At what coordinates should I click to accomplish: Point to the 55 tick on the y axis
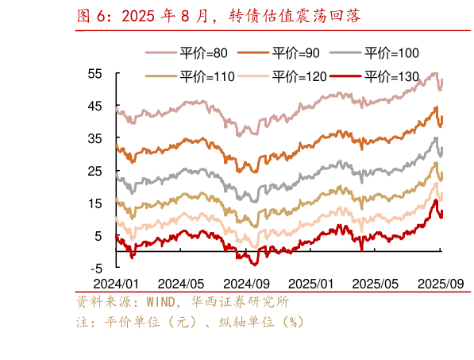click(95, 73)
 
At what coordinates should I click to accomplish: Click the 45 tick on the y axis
click(95, 106)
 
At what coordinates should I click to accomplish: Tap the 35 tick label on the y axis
click(95, 138)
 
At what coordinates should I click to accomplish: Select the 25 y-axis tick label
click(95, 171)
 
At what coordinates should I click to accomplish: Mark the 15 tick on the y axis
click(95, 203)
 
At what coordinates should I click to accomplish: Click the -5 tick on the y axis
click(95, 269)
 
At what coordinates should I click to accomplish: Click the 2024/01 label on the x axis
click(116, 283)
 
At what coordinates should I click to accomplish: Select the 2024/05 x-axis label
click(181, 283)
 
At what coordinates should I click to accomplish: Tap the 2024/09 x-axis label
click(246, 283)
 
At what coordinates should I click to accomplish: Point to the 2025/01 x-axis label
click(310, 283)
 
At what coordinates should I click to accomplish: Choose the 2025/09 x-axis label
click(441, 283)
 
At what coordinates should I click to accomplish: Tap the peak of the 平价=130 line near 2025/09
click(435, 200)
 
